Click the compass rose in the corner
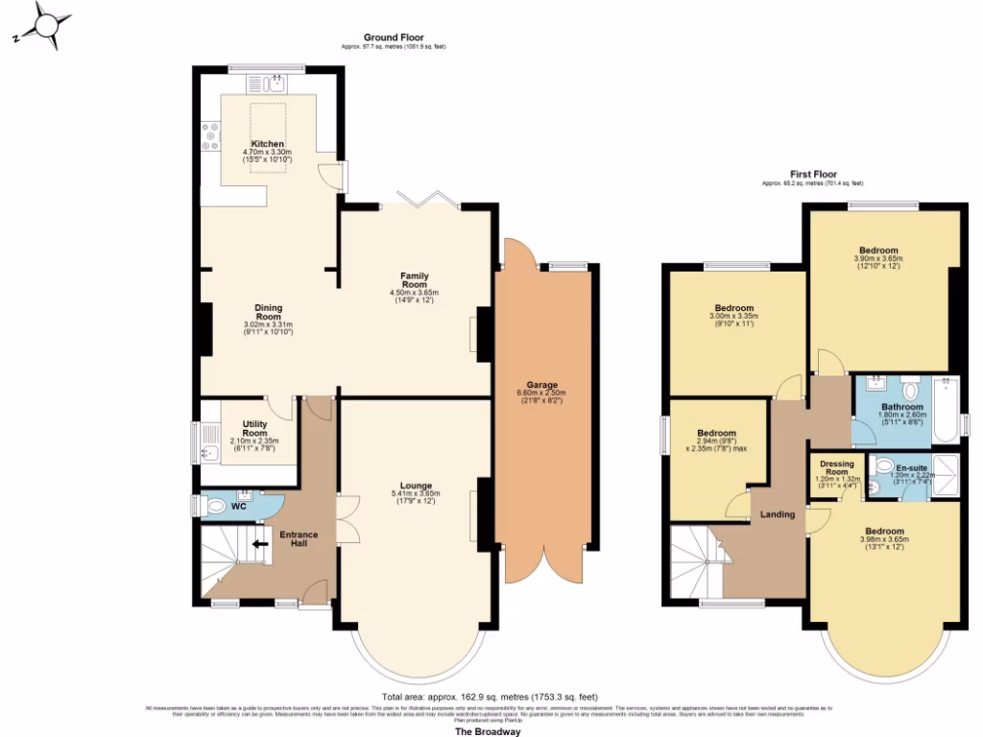(44, 25)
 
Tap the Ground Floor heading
(394, 37)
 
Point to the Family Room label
(414, 278)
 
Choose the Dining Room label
(268, 311)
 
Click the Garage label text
(541, 385)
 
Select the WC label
(238, 505)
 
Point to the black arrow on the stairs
(258, 544)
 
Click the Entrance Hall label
(298, 538)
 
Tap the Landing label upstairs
(778, 514)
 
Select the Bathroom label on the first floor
(902, 406)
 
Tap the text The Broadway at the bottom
(488, 731)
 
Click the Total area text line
(490, 697)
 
